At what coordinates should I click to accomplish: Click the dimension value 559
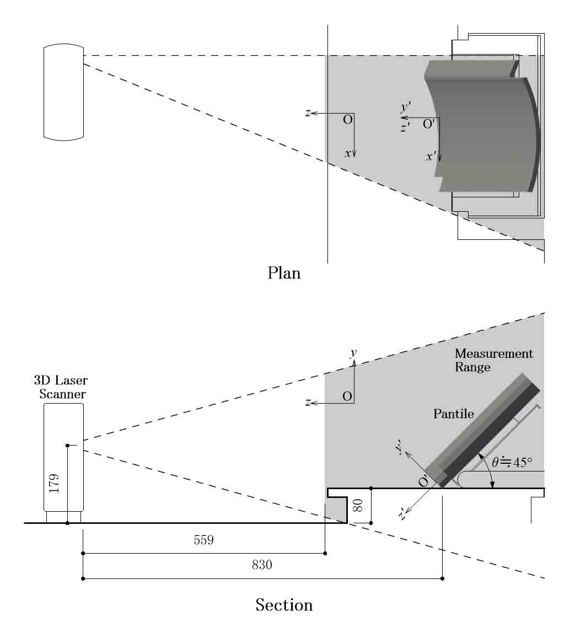click(x=203, y=540)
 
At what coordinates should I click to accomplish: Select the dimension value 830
click(x=262, y=566)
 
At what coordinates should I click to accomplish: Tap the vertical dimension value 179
click(x=53, y=482)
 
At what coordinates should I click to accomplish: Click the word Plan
click(x=284, y=273)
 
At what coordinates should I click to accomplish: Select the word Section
click(x=284, y=605)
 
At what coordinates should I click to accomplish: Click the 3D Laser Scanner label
click(x=61, y=387)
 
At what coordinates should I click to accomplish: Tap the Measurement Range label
click(x=493, y=360)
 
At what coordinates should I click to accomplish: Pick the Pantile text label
click(x=453, y=414)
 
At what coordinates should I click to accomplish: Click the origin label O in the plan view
click(x=347, y=120)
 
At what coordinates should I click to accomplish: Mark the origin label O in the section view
click(x=347, y=396)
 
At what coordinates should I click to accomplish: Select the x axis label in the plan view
click(x=348, y=154)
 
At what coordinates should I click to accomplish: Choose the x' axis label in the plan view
click(x=431, y=157)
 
